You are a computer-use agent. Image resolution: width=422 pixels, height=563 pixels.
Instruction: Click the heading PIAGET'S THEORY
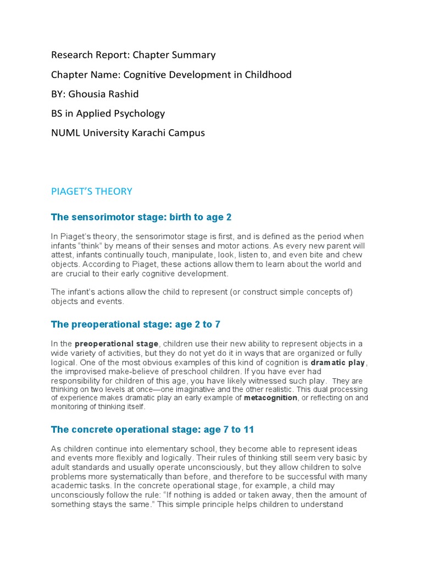(x=92, y=191)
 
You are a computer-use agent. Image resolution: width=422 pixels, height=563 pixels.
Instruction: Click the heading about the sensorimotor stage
(x=137, y=217)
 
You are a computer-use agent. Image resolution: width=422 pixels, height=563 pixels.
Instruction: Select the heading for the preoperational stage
(x=136, y=324)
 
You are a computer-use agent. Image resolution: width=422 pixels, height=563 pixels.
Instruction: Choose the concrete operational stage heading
(x=152, y=429)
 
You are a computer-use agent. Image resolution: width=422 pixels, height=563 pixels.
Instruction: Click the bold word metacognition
(x=271, y=398)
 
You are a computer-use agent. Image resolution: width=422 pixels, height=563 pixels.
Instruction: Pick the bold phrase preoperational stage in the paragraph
(x=116, y=344)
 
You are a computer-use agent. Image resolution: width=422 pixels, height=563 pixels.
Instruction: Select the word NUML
(x=64, y=133)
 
